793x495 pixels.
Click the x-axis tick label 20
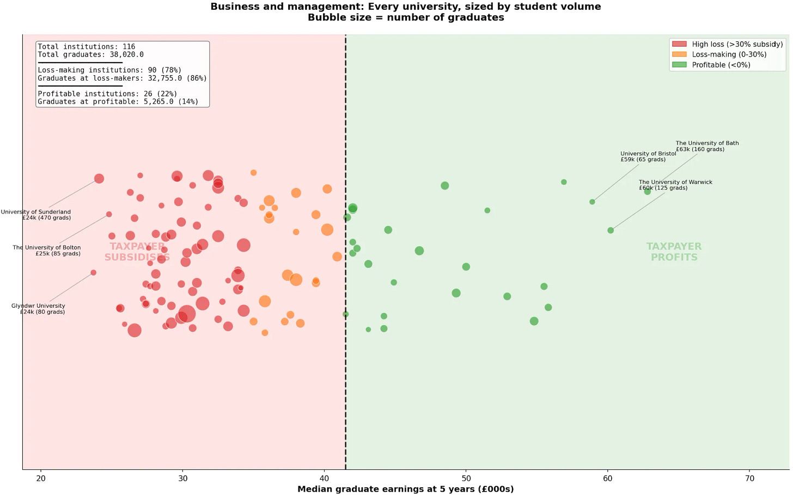coord(41,478)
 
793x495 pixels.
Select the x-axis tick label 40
coord(324,478)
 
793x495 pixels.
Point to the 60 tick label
coord(608,478)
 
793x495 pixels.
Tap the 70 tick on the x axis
coord(749,478)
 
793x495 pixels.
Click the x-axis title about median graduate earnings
coord(405,489)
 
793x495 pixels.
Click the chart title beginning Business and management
coord(406,11)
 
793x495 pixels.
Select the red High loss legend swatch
coord(679,44)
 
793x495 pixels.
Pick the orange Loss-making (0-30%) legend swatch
coord(679,54)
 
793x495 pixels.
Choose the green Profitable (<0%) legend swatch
coord(679,64)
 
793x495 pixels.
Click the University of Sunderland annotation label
coord(36,215)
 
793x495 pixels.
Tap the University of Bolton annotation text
coord(47,250)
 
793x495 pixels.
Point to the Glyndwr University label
coord(38,309)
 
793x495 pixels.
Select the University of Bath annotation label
coord(707,146)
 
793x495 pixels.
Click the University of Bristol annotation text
coord(648,156)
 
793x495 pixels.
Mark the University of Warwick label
coord(675,185)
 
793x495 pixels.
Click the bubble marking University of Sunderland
coord(99,179)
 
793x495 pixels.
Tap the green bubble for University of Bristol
coord(592,202)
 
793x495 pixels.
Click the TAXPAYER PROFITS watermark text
coord(674,252)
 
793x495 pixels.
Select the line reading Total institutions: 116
coord(87,46)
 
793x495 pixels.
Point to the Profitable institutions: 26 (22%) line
coord(107,94)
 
